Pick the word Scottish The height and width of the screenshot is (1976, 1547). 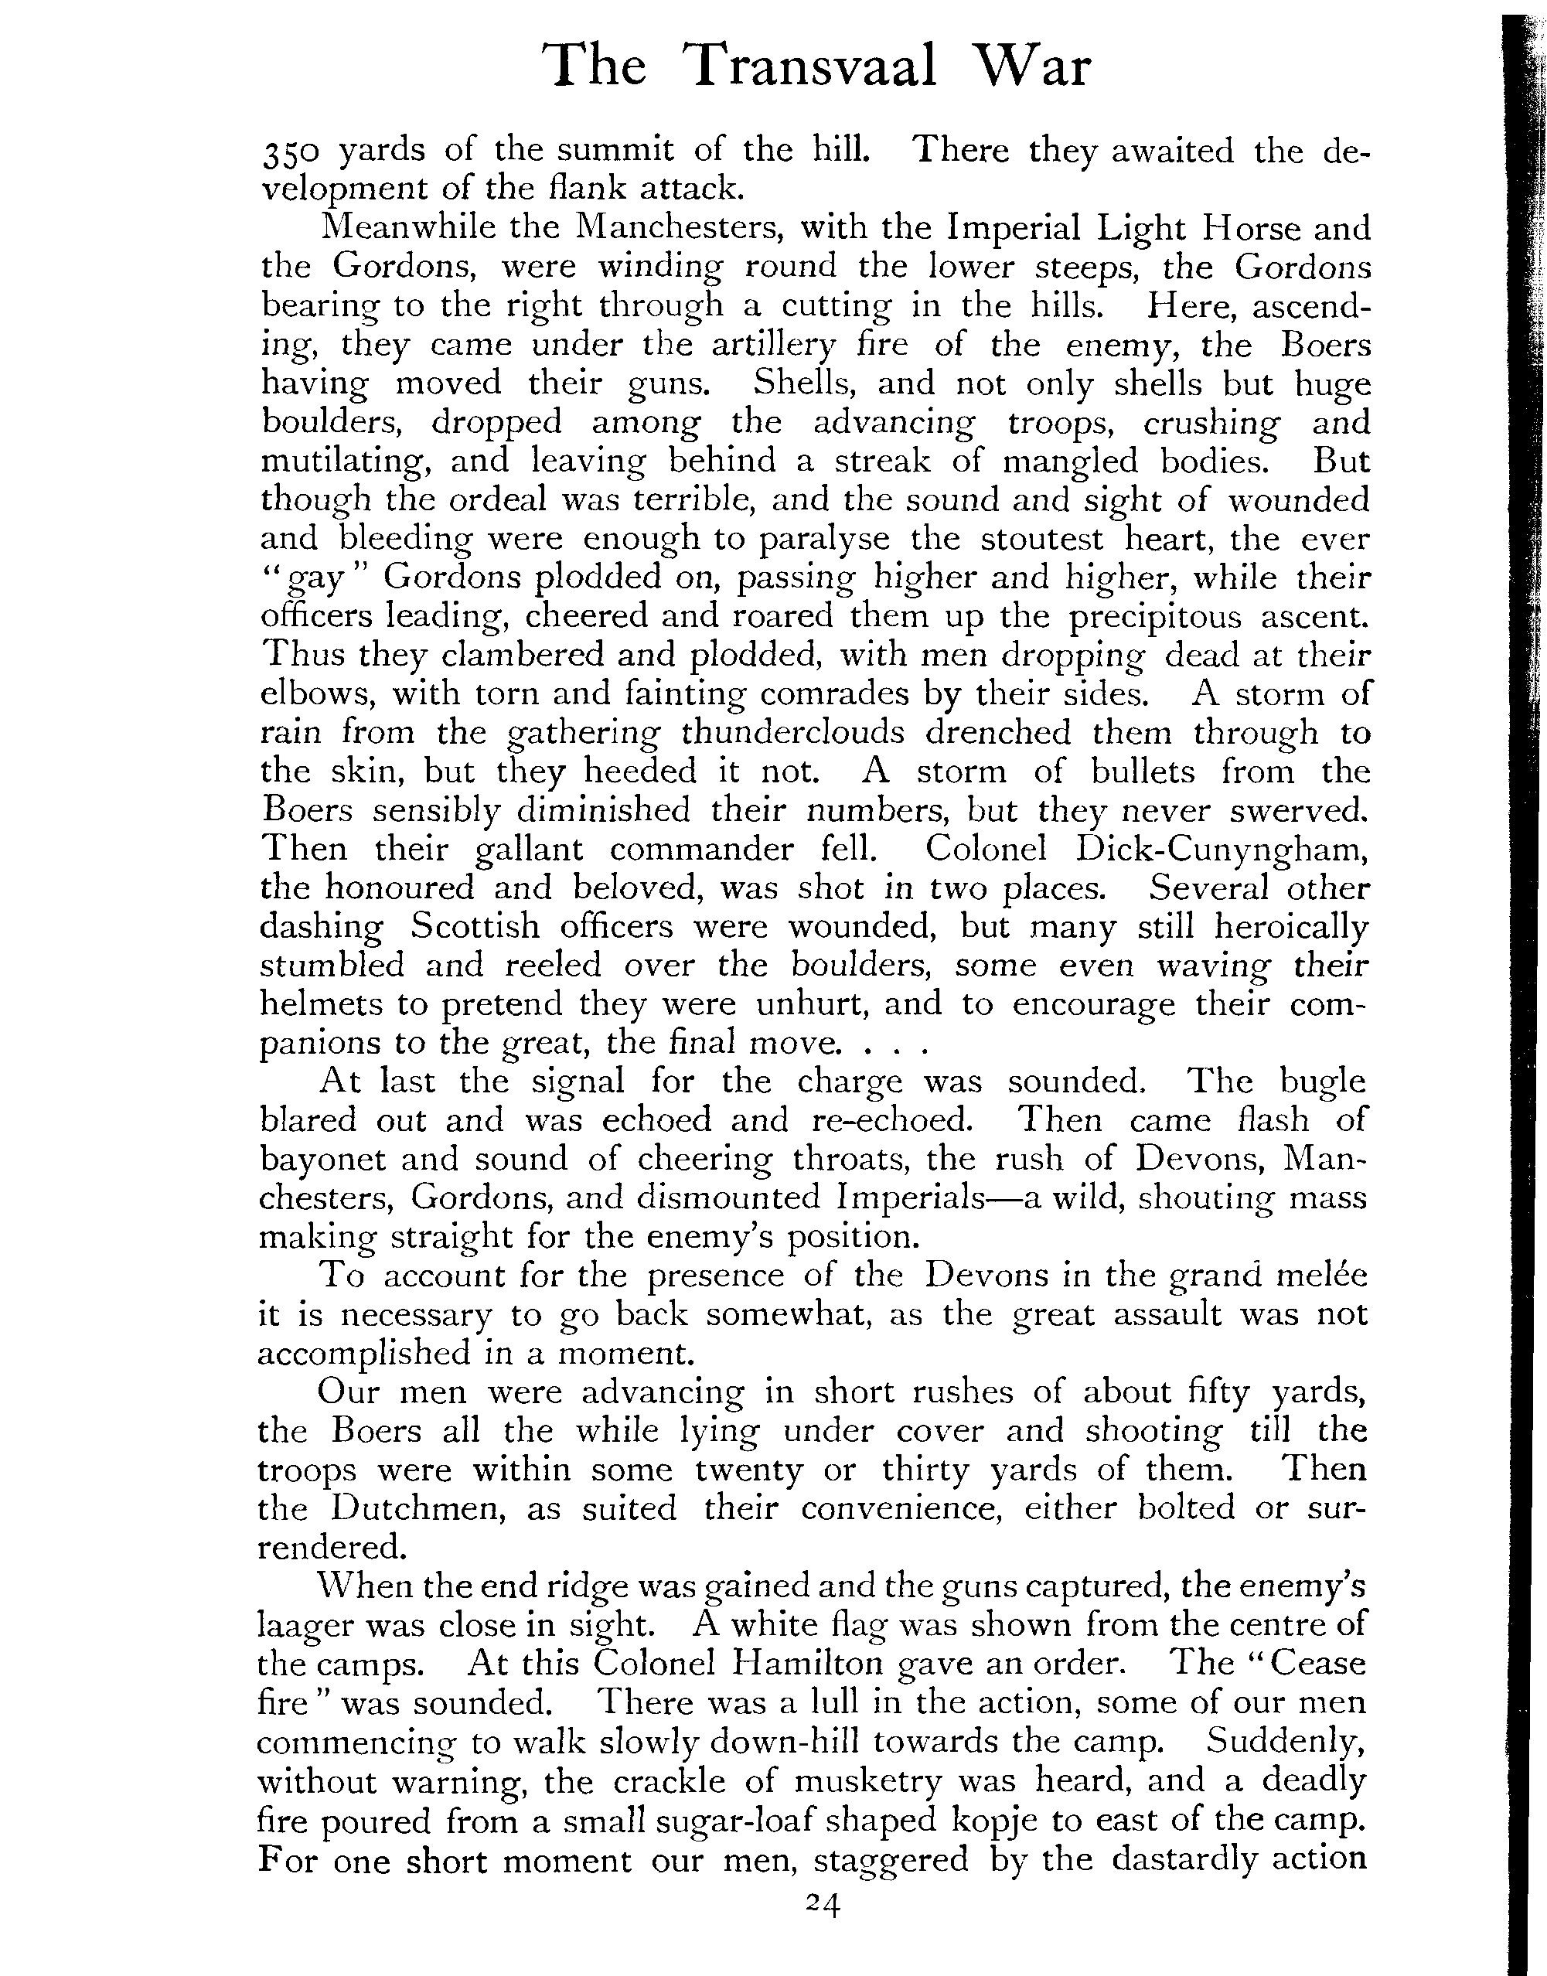(475, 926)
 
